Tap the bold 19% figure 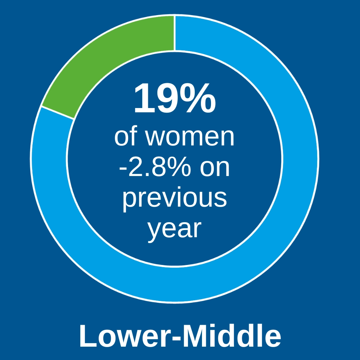pyautogui.click(x=175, y=98)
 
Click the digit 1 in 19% pyautogui.click(x=142, y=99)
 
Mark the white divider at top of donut pyautogui.click(x=175, y=33)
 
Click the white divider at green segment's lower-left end pyautogui.click(x=58, y=113)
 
